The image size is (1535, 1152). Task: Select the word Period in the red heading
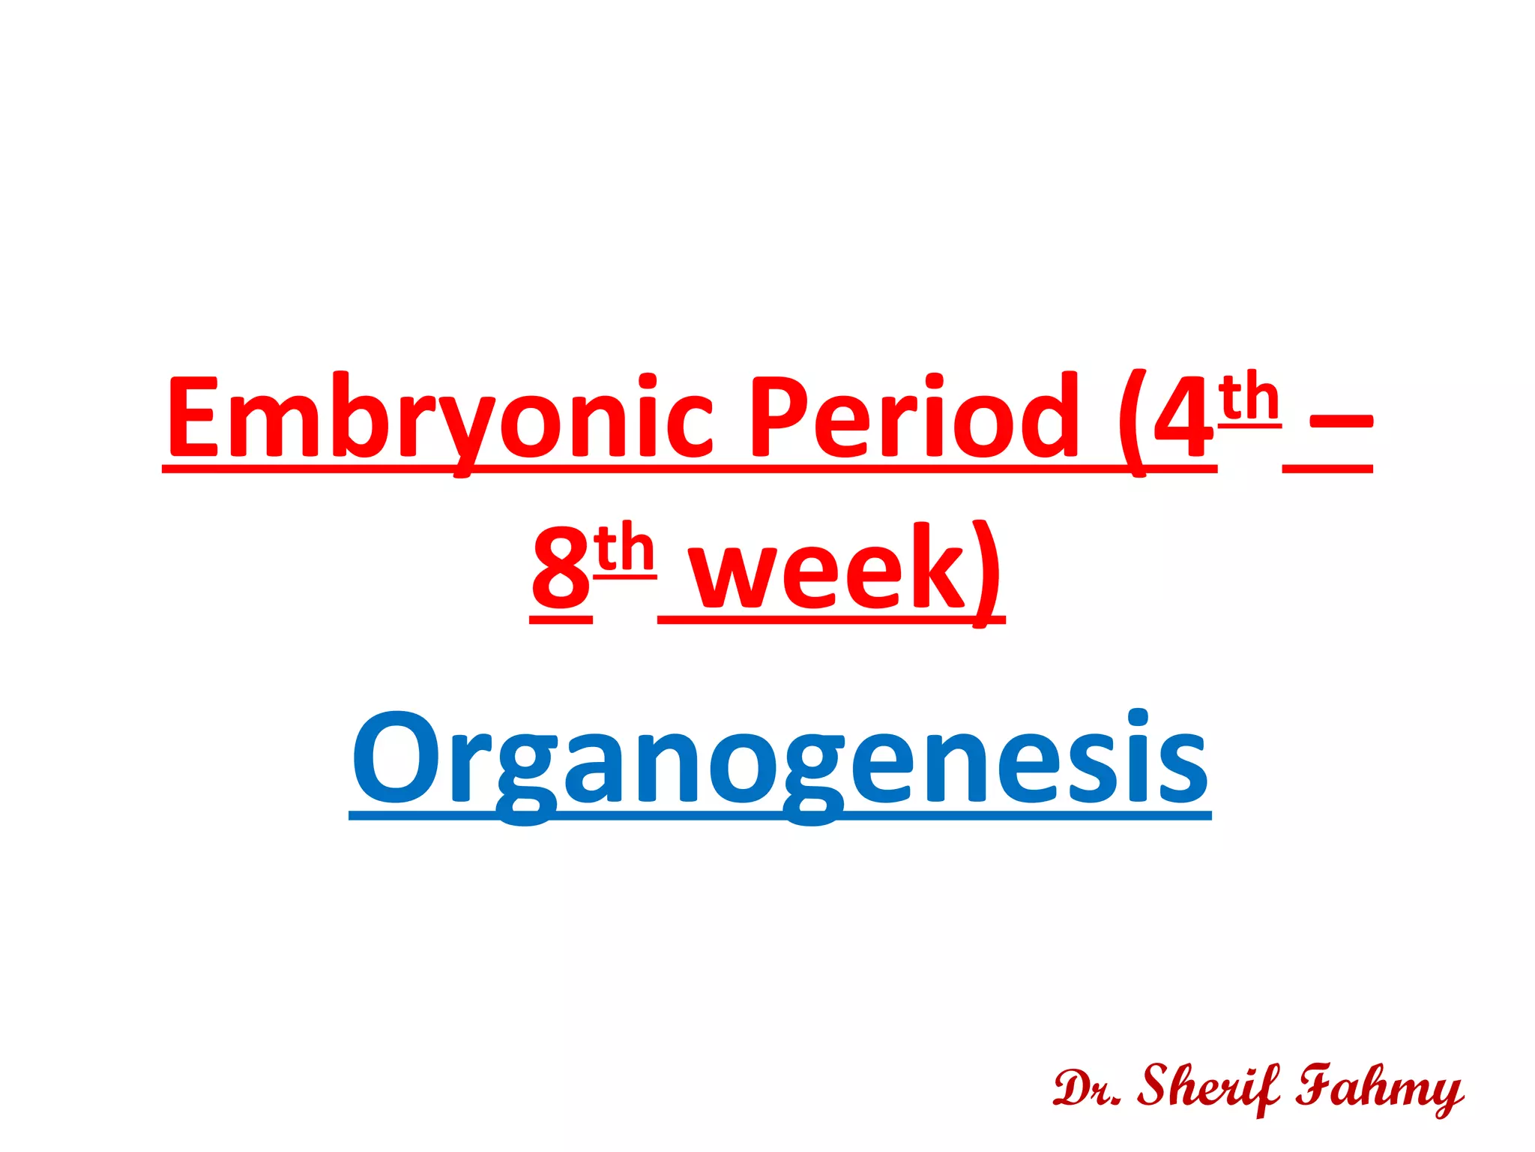(x=914, y=417)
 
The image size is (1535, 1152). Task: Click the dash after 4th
(x=1341, y=423)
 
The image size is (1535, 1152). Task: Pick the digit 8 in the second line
(x=561, y=568)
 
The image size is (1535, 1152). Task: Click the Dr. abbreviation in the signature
(x=1086, y=1087)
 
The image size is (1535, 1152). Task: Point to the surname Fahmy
(x=1379, y=1087)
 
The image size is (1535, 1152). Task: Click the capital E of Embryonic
(x=193, y=417)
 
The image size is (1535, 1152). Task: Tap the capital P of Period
(x=776, y=417)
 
